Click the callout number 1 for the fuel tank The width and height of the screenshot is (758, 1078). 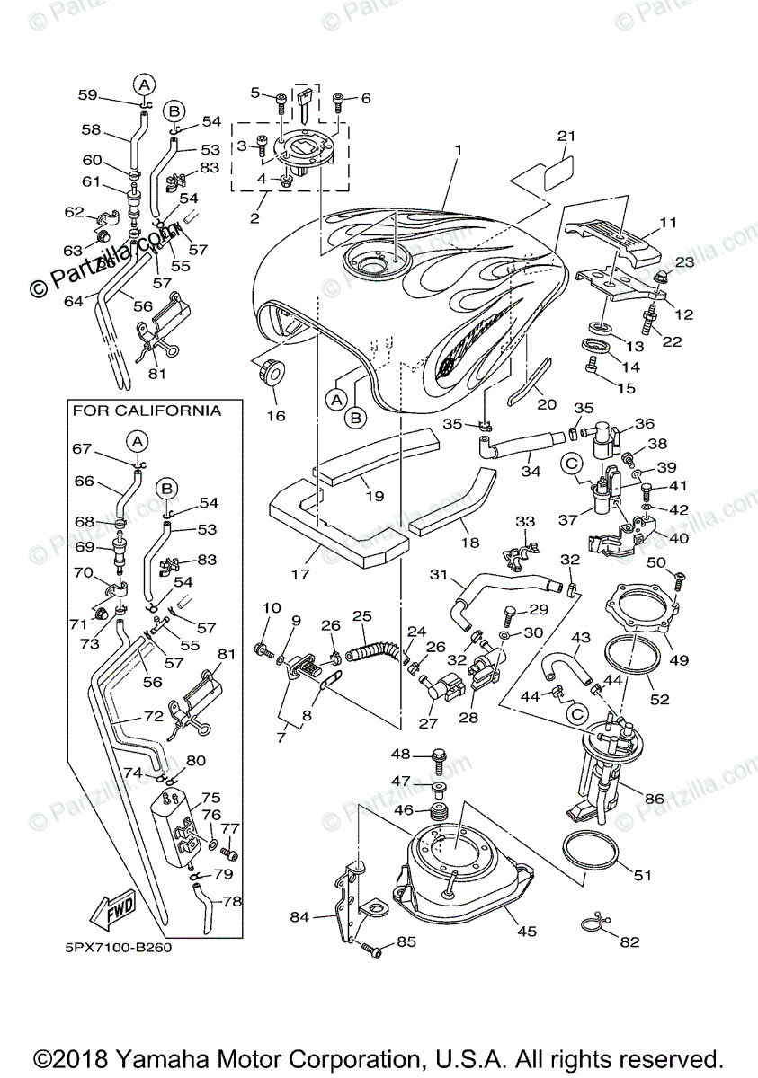tap(458, 149)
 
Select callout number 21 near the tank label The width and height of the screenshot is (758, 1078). tap(565, 136)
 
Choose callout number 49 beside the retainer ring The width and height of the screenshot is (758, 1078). tap(679, 660)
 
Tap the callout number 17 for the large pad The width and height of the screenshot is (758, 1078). tap(300, 573)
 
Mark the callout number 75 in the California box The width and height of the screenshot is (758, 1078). tap(210, 797)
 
